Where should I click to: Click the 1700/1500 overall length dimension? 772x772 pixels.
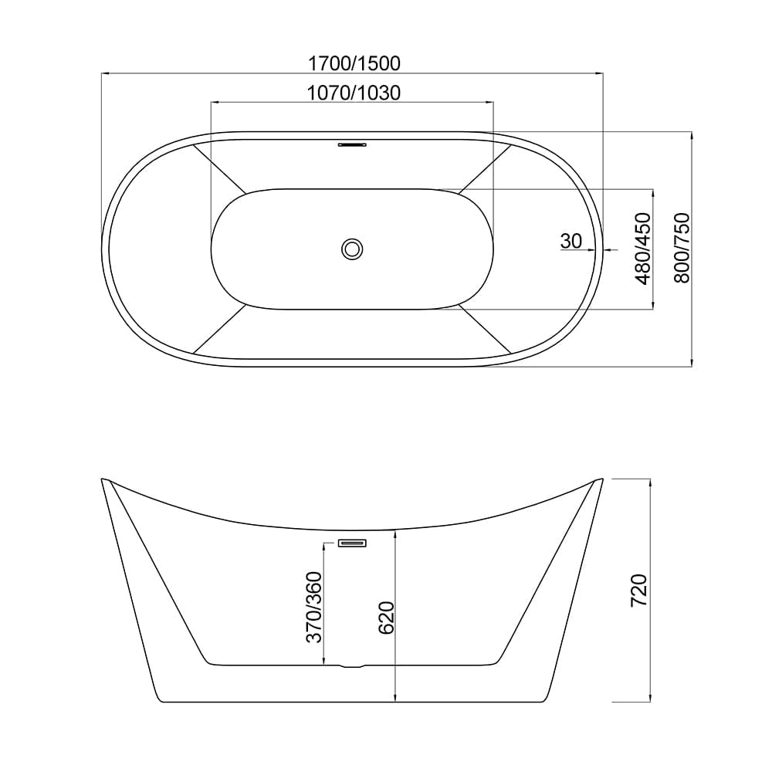click(x=353, y=63)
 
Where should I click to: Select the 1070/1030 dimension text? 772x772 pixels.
click(x=353, y=93)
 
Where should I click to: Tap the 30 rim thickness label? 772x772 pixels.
click(x=571, y=241)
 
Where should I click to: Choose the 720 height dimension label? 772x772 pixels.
click(x=639, y=591)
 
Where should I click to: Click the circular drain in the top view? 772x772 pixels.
click(x=352, y=249)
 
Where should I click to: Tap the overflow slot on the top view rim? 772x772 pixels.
click(x=352, y=143)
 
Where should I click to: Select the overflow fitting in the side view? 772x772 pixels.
click(x=352, y=543)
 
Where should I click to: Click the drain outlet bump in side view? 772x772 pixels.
click(x=352, y=665)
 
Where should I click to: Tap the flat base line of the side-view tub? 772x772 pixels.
click(x=352, y=702)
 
